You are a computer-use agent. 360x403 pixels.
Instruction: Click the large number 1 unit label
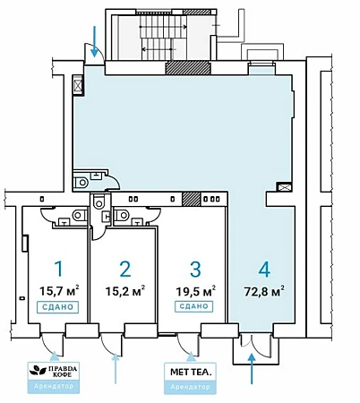[x=59, y=269]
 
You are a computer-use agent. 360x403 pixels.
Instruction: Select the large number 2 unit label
[x=125, y=269]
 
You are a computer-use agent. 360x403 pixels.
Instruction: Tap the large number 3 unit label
[x=195, y=269]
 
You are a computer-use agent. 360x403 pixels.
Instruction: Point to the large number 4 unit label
[x=264, y=269]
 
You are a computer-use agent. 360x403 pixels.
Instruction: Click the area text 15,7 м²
[x=59, y=290]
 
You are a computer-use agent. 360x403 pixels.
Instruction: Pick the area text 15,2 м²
[x=125, y=290]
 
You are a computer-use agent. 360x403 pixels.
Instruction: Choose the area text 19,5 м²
[x=195, y=290]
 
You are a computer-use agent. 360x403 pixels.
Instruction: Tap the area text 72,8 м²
[x=264, y=291]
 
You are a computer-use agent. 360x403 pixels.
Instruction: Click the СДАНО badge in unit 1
[x=57, y=307]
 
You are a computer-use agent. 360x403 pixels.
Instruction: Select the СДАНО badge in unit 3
[x=193, y=306]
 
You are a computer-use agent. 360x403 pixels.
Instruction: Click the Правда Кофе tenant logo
[x=54, y=371]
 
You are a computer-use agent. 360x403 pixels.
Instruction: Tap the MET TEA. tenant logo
[x=191, y=372]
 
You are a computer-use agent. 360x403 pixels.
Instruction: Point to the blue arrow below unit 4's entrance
[x=252, y=368]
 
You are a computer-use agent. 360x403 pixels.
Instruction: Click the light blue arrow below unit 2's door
[x=116, y=368]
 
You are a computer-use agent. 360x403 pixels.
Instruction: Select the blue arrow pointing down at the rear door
[x=95, y=41]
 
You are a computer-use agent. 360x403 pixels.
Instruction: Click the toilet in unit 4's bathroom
[x=81, y=183]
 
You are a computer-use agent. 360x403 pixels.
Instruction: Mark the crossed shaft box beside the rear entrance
[x=78, y=85]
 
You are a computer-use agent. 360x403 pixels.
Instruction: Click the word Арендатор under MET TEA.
[x=190, y=387]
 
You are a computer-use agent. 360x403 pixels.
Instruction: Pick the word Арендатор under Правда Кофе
[x=54, y=386]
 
